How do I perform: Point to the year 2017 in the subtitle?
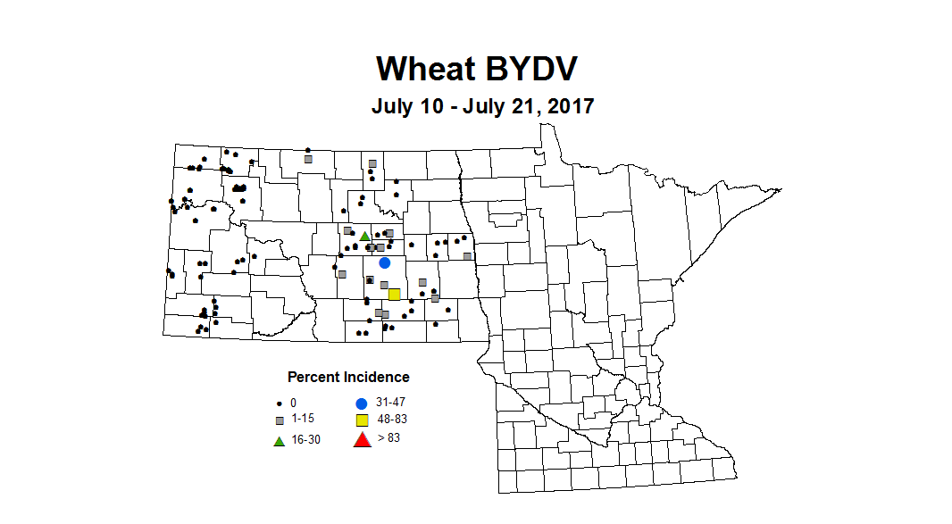point(570,106)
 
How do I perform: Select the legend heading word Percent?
point(311,378)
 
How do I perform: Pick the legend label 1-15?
point(302,419)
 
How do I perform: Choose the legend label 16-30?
point(305,440)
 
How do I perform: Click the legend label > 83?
point(388,437)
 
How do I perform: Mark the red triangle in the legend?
point(362,439)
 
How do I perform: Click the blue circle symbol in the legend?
point(362,403)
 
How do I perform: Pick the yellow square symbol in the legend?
point(362,420)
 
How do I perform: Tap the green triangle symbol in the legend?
point(279,441)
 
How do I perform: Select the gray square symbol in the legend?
point(280,420)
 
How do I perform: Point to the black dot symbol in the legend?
point(280,403)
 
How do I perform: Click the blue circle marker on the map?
point(385,262)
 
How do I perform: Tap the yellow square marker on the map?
point(394,294)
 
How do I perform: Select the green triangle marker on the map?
point(364,236)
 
